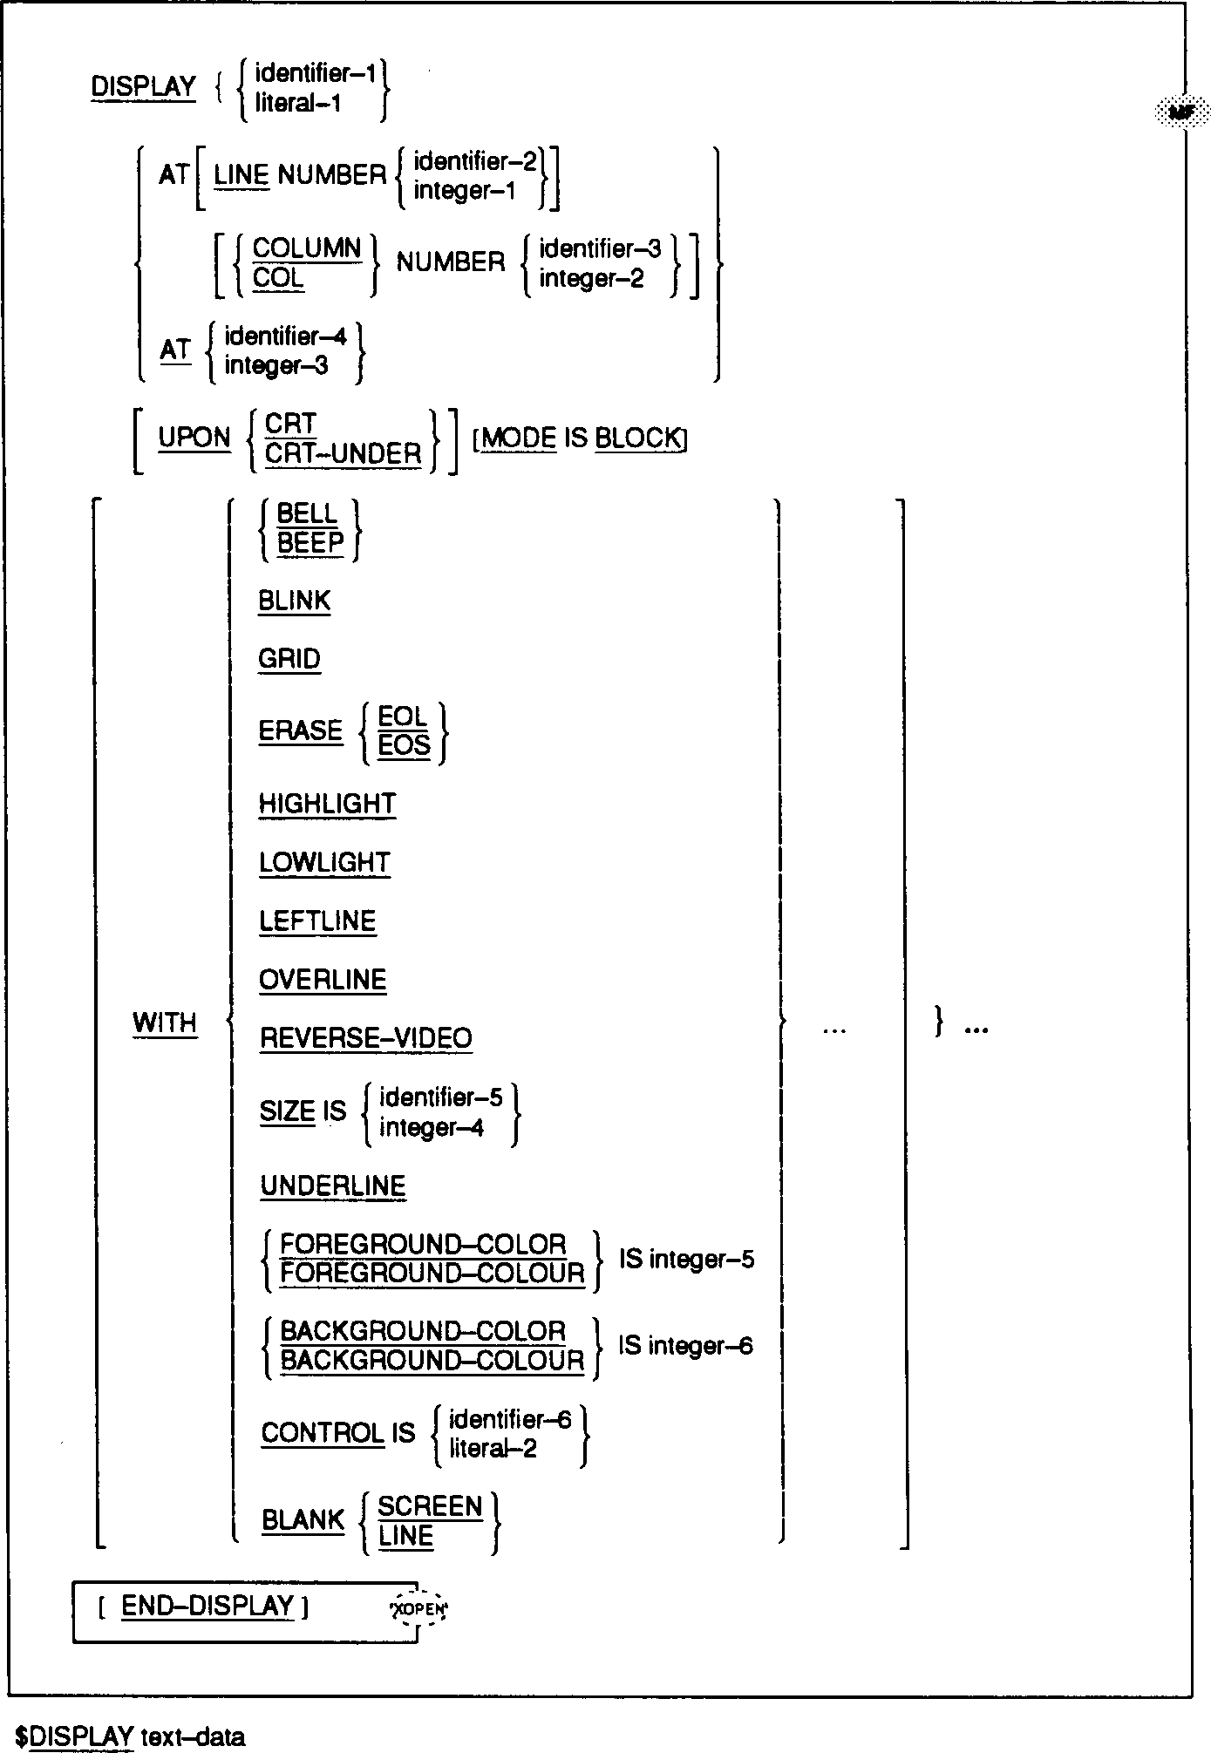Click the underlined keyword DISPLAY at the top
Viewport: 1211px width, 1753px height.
(144, 87)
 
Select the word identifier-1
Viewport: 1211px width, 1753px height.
(315, 73)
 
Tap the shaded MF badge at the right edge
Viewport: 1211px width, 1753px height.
(1181, 112)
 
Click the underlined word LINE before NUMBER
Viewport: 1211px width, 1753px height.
(242, 175)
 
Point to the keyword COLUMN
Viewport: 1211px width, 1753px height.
(307, 248)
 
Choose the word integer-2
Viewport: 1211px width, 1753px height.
(591, 279)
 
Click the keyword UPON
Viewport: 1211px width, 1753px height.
(194, 438)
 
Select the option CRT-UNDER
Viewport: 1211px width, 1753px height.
(343, 453)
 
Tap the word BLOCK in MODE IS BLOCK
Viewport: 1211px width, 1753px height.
(637, 438)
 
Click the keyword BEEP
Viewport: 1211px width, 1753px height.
(310, 543)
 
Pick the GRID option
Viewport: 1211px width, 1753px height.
(289, 659)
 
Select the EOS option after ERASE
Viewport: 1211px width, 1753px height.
(405, 746)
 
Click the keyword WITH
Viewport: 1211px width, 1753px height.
(165, 1023)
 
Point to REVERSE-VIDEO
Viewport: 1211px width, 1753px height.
(366, 1038)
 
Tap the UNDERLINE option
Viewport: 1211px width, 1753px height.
(333, 1186)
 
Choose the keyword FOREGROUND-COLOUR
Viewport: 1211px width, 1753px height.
(432, 1274)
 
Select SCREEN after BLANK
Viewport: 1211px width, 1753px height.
(430, 1506)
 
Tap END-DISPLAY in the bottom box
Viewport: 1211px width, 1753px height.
(208, 1606)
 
